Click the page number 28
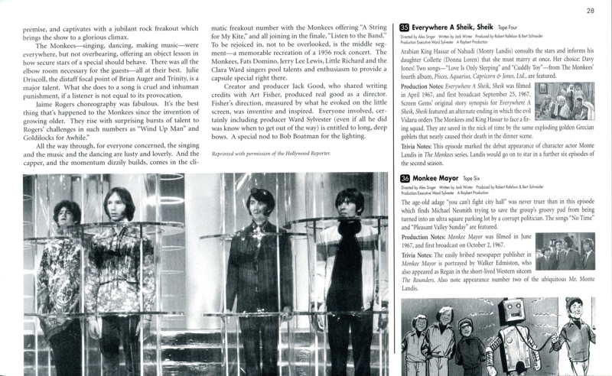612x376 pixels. coord(590,11)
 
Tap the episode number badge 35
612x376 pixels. coord(404,28)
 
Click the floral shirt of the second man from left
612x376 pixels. coord(122,267)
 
